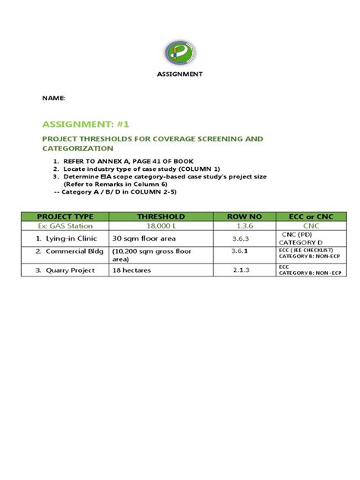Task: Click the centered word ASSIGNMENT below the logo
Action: (x=180, y=74)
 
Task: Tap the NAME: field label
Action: (x=53, y=99)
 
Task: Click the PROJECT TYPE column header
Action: (x=65, y=216)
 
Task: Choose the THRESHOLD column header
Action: (x=160, y=216)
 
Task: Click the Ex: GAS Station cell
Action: (x=65, y=226)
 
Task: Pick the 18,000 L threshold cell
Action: (x=160, y=226)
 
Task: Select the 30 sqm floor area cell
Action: (x=144, y=238)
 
